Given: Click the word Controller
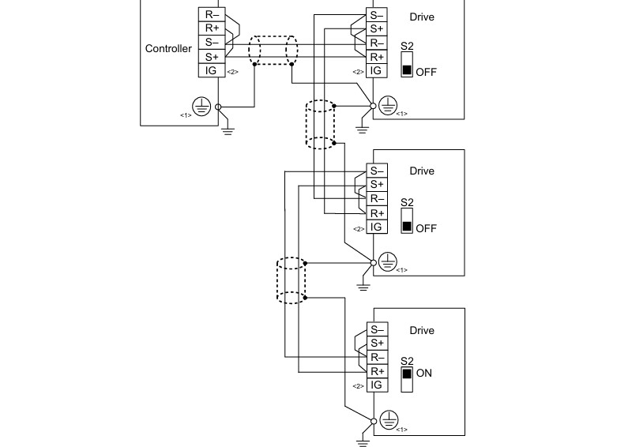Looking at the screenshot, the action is pos(168,48).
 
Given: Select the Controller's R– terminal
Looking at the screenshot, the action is pos(212,14).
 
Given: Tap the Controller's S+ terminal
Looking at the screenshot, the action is pos(212,57).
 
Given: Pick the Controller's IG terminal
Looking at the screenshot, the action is pos(212,70).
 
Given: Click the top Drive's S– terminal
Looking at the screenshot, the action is pos(377,15).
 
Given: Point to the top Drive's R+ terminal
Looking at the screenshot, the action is pos(377,57).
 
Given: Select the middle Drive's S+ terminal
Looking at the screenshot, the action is pos(377,185).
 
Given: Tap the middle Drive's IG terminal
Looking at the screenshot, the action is pos(377,227).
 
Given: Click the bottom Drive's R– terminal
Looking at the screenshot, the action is pos(378,357).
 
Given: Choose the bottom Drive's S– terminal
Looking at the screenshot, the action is pos(378,329).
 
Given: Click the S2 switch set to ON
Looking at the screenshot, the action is pos(407,379).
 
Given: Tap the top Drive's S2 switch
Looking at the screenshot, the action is pos(407,64).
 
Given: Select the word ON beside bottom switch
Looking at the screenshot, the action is pos(424,374).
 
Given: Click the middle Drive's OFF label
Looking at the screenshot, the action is pos(426,228).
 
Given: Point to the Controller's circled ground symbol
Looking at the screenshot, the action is pos(201,107).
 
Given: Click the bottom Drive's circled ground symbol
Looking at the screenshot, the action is pos(389,420).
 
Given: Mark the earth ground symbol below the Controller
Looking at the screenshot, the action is pos(228,130).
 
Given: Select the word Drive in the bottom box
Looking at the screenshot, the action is pos(422,331).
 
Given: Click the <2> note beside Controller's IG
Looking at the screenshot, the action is pos(232,72).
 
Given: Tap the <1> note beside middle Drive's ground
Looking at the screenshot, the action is pos(401,270).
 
